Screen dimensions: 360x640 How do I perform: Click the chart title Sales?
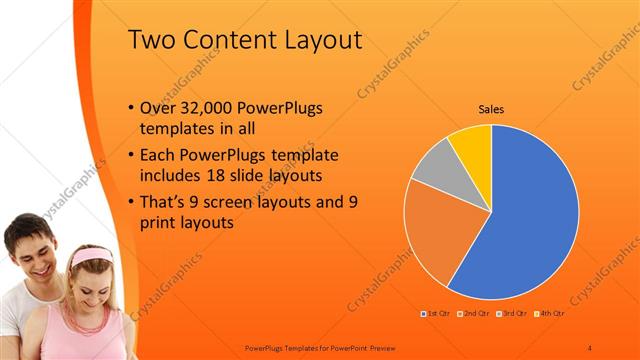pyautogui.click(x=490, y=109)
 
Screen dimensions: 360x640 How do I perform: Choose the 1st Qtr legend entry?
pyautogui.click(x=436, y=315)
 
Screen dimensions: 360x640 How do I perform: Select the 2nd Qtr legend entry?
pyautogui.click(x=472, y=315)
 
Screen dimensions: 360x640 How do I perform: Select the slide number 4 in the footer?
pyautogui.click(x=590, y=346)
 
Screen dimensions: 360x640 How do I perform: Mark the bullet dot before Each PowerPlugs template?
pyautogui.click(x=133, y=156)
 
